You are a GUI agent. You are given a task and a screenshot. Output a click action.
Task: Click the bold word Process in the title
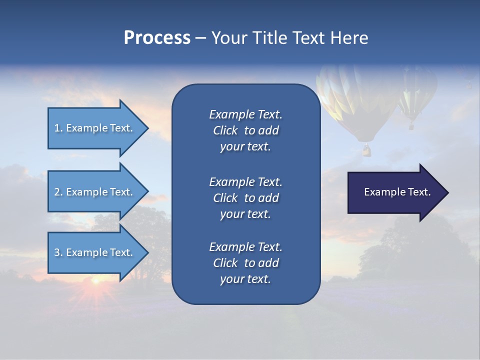[x=157, y=38]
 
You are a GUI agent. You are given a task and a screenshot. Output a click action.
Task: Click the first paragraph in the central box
[x=245, y=130]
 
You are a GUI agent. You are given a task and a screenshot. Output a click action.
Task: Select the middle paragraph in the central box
[x=245, y=198]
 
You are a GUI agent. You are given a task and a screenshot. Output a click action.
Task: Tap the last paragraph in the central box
[x=245, y=263]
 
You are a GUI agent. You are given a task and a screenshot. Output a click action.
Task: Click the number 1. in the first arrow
[x=58, y=128]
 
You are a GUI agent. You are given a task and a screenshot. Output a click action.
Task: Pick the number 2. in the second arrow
[x=58, y=192]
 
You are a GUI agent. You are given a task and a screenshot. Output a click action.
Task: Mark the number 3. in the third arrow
[x=58, y=252]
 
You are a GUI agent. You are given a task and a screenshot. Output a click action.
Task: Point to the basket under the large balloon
[x=367, y=149]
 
